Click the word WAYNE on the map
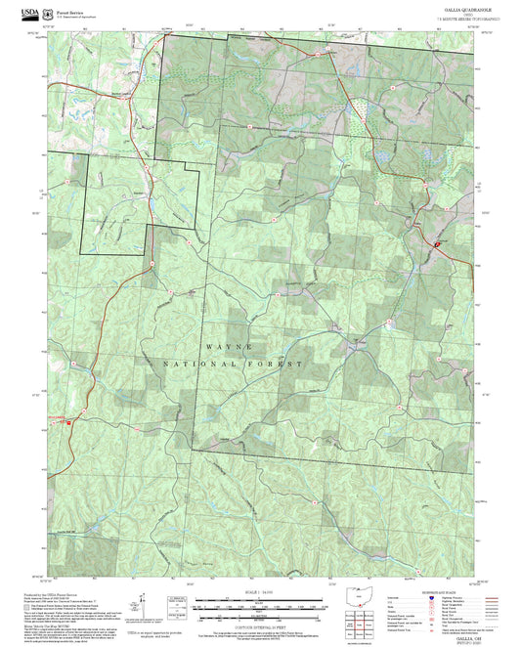(x=232, y=348)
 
